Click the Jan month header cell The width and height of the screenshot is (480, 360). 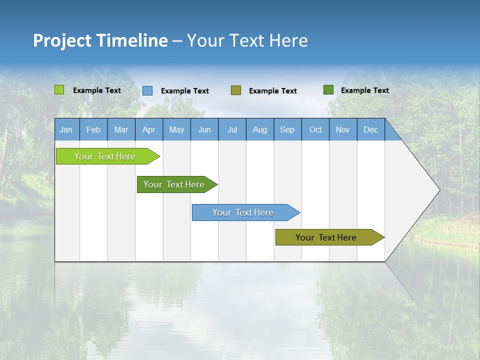click(x=66, y=129)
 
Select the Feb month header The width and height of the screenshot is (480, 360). click(x=93, y=129)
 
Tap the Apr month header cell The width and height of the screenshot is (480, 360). click(x=149, y=129)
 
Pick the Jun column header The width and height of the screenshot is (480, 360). click(x=204, y=129)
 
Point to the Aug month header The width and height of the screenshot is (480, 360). click(x=260, y=129)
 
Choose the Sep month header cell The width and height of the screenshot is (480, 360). click(x=287, y=129)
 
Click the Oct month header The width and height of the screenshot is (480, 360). click(x=315, y=129)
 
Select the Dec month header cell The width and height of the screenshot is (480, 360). click(x=371, y=129)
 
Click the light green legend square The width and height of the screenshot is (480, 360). click(x=59, y=90)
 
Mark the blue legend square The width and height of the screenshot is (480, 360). click(x=147, y=90)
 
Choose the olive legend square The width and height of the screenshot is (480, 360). click(x=236, y=90)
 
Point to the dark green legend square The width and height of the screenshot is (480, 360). click(x=328, y=90)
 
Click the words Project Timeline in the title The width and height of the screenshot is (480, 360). click(x=100, y=40)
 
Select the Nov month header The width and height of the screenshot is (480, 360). click(x=343, y=129)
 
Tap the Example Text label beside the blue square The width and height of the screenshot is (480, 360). click(x=185, y=91)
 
